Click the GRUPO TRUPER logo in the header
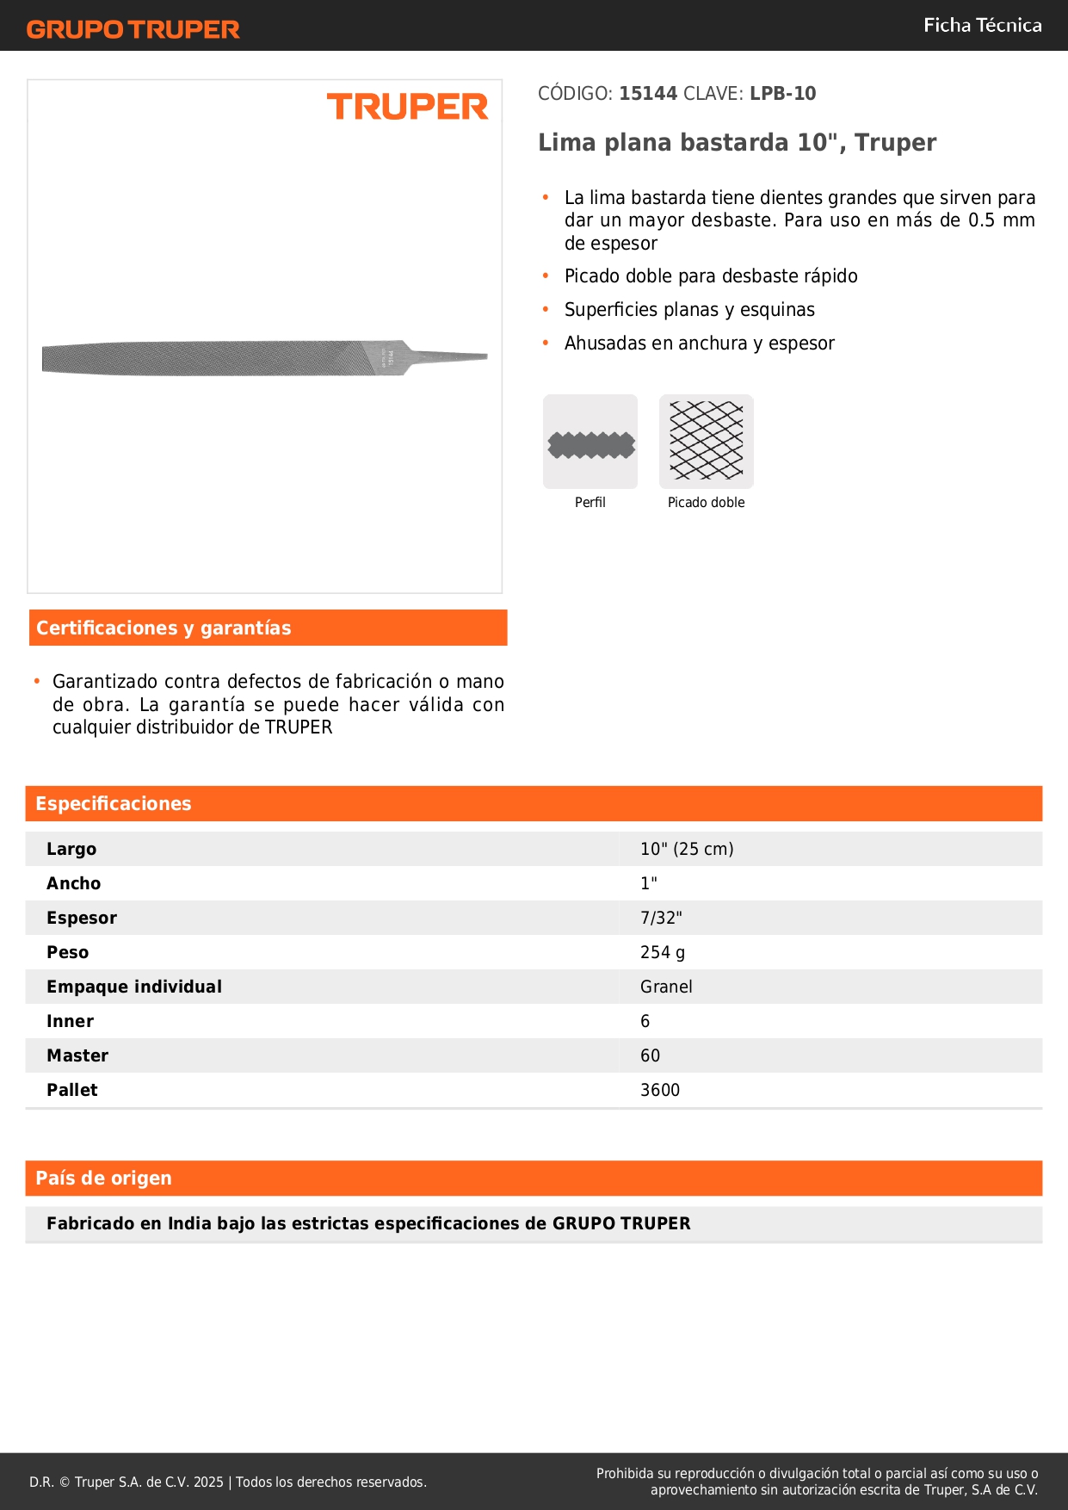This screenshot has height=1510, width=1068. (133, 29)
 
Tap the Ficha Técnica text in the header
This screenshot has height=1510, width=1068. (982, 25)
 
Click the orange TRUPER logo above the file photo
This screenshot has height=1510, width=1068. (407, 107)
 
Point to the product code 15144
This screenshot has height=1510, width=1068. (648, 94)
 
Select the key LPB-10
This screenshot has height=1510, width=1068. (782, 94)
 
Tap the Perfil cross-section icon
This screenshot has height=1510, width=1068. (590, 442)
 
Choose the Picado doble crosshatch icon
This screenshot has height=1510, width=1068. (706, 442)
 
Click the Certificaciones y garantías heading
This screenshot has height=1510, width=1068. (164, 628)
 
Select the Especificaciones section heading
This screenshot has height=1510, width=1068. (114, 804)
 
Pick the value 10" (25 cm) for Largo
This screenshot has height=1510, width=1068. (687, 849)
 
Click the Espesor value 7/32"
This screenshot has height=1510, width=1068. (661, 918)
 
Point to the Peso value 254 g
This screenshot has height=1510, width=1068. (663, 952)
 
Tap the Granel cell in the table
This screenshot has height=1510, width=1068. (666, 987)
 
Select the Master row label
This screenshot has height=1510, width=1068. (77, 1055)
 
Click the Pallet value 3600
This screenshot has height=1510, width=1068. (660, 1090)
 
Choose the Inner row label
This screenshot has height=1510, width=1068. (70, 1021)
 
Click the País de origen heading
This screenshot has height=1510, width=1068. (103, 1179)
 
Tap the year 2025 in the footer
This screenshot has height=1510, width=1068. (208, 1482)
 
